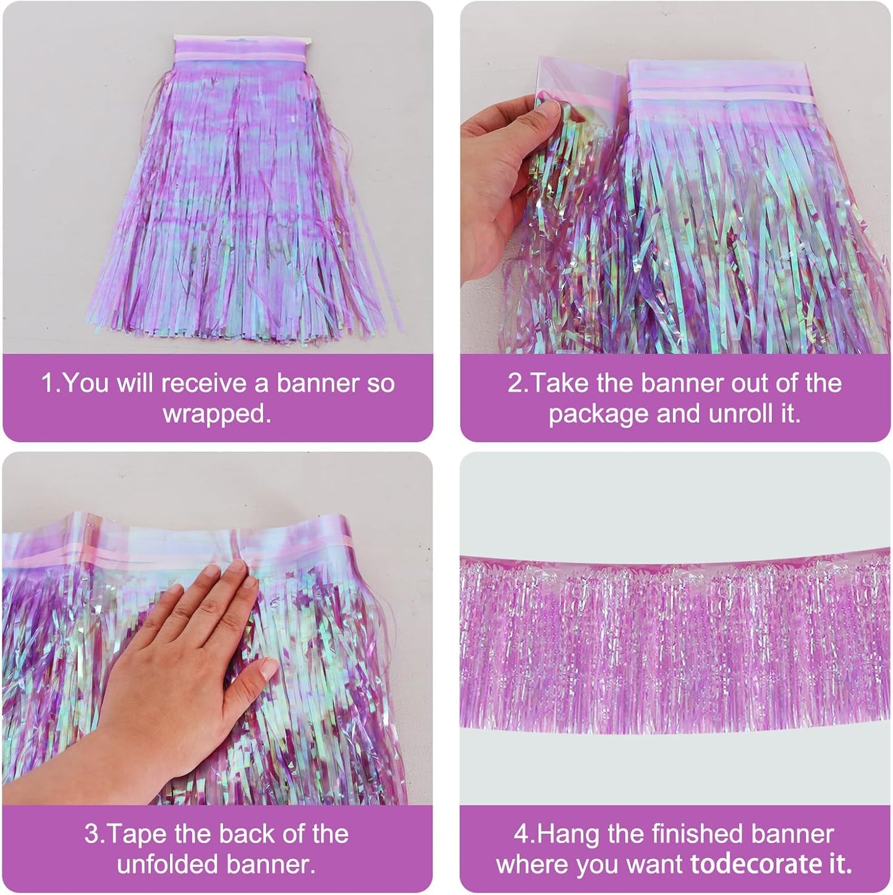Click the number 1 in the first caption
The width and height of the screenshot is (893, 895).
tap(46, 384)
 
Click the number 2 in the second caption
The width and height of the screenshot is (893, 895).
tap(515, 384)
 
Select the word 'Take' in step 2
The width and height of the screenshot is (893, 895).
tap(554, 384)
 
